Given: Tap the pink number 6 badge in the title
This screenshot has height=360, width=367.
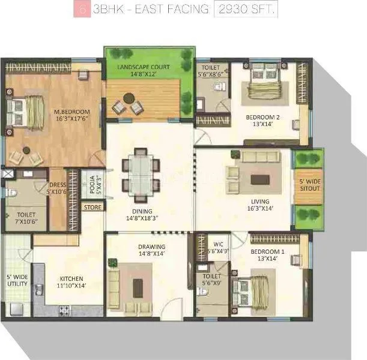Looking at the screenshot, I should pyautogui.click(x=77, y=10).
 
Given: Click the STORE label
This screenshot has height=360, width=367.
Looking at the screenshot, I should pyautogui.click(x=93, y=207).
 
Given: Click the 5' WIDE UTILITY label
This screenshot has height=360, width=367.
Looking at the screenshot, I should pyautogui.click(x=16, y=280).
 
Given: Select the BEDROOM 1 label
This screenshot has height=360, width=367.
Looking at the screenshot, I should pyautogui.click(x=263, y=254).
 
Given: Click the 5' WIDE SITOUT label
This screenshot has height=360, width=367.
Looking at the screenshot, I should pyautogui.click(x=309, y=184).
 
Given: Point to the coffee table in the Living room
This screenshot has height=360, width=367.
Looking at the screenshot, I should pyautogui.click(x=259, y=178).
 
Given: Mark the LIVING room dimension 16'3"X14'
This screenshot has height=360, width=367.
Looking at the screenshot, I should pyautogui.click(x=261, y=209).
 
